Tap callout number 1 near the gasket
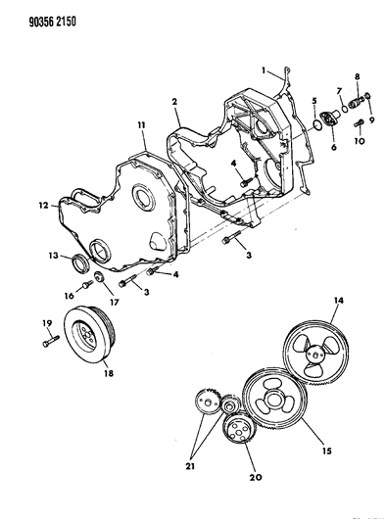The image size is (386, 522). (x=264, y=69)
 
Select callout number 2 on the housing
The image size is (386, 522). (x=173, y=101)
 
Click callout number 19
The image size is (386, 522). (x=46, y=322)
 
